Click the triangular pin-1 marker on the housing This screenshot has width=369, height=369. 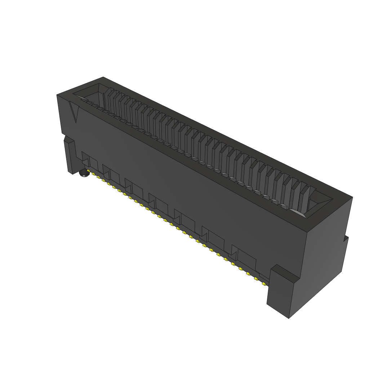[x=75, y=113]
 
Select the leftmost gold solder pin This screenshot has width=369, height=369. [x=88, y=170]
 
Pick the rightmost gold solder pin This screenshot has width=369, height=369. [x=264, y=284]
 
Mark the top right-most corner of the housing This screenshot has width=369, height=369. [x=352, y=197]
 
